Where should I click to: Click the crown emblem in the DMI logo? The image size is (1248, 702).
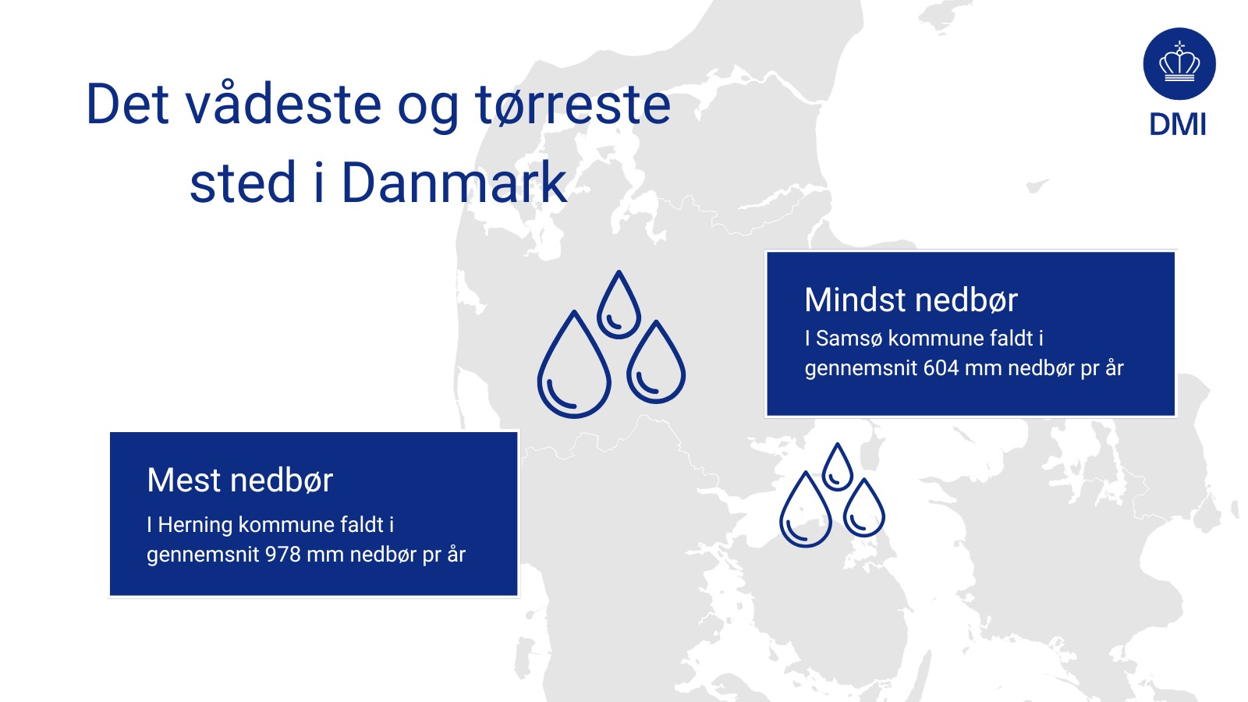click(x=1179, y=63)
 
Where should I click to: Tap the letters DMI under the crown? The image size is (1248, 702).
click(x=1178, y=124)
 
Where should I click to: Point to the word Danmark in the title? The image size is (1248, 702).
click(x=454, y=183)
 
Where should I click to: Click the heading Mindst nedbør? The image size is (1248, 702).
click(x=911, y=300)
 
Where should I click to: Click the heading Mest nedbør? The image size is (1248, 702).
click(x=240, y=480)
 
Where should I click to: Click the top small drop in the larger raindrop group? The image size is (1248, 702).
click(x=619, y=305)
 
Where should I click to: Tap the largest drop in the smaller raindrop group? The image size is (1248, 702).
click(x=806, y=509)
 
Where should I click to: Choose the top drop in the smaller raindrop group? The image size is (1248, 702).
click(x=838, y=467)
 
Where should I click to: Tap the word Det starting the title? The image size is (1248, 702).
click(x=128, y=105)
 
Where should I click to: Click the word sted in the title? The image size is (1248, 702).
click(x=243, y=183)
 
